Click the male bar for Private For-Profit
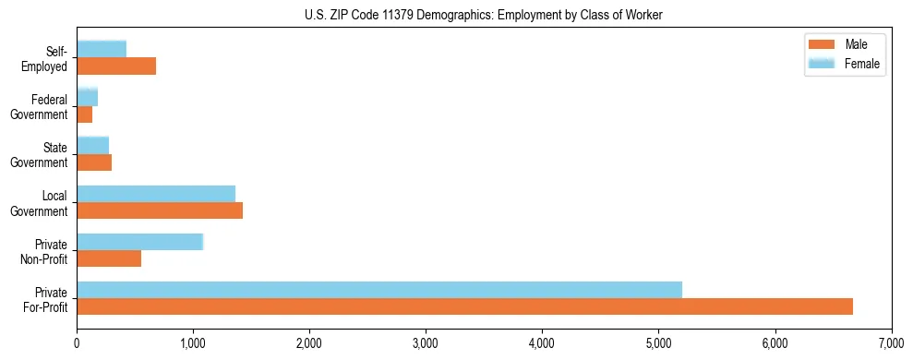pos(464,306)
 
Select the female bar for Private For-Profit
pos(379,290)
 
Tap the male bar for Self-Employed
pos(116,66)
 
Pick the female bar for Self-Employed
pos(102,49)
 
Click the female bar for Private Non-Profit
pos(139,242)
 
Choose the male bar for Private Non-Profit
pos(109,258)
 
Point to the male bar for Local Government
pos(160,210)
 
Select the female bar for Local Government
pos(156,193)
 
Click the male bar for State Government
pos(94,162)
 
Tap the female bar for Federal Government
pos(87,97)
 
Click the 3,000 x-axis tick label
pos(426,344)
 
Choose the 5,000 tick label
pos(658,344)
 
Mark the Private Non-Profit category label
pos(45,251)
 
